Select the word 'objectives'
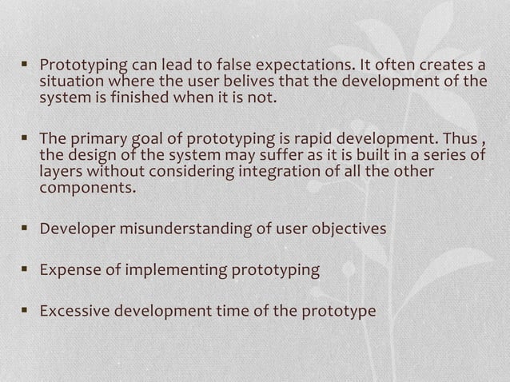point(349,229)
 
